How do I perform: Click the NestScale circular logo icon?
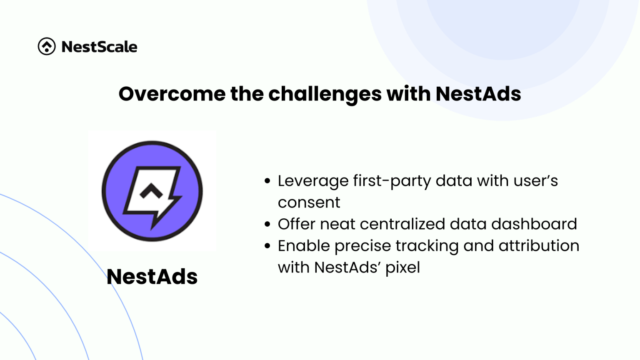pyautogui.click(x=47, y=46)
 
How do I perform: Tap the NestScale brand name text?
pyautogui.click(x=99, y=47)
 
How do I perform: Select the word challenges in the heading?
pyautogui.click(x=325, y=94)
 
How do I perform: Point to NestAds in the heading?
pyautogui.click(x=478, y=94)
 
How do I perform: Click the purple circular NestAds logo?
pyautogui.click(x=152, y=191)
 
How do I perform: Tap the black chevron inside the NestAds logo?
pyautogui.click(x=151, y=191)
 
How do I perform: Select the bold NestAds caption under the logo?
pyautogui.click(x=152, y=277)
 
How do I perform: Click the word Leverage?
pyautogui.click(x=313, y=181)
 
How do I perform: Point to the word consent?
pyautogui.click(x=309, y=202)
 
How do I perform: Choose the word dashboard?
pyautogui.click(x=534, y=224)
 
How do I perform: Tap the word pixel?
pyautogui.click(x=402, y=268)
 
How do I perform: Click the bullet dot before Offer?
pyautogui.click(x=267, y=224)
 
